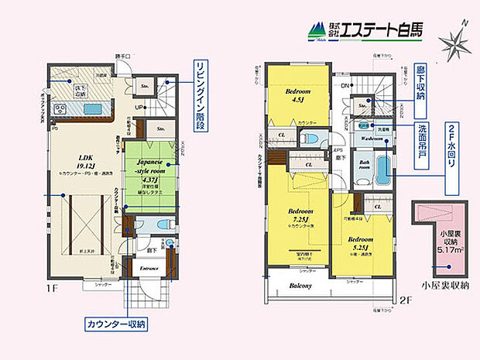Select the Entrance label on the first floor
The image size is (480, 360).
pos(149,269)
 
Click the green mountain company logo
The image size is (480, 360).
pos(317,31)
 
